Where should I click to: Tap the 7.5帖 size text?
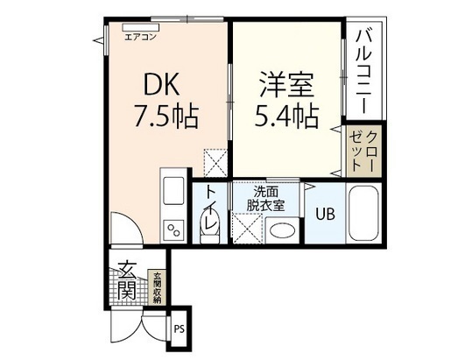164,116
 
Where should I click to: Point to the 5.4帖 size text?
286,116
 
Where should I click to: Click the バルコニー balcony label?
363,69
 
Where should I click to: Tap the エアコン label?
139,37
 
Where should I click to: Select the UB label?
324,214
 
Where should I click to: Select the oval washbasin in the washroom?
281,231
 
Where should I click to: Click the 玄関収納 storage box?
158,287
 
